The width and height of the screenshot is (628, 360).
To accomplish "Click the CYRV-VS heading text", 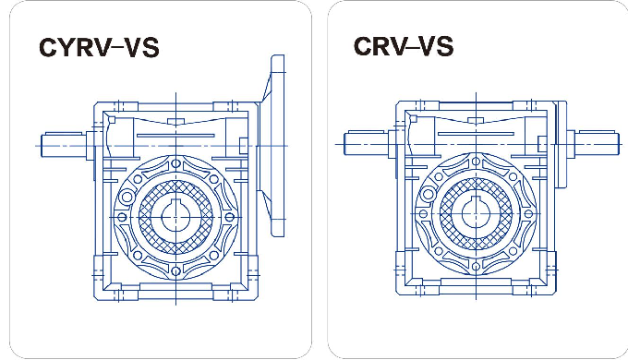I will click(x=98, y=47).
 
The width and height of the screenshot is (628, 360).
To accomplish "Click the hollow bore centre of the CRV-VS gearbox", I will click(x=477, y=215).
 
